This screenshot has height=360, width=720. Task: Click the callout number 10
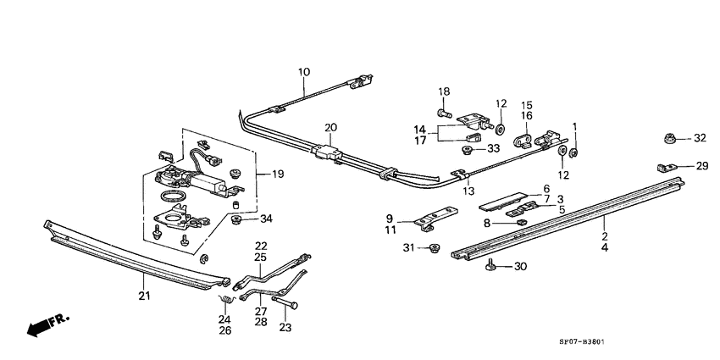tap(304, 73)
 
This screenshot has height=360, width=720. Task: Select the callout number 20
tap(330, 128)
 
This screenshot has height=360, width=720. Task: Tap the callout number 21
tap(143, 295)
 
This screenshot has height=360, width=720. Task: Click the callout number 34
tap(266, 219)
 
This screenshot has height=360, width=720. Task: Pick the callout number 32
tap(699, 137)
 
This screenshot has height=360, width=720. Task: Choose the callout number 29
tap(701, 166)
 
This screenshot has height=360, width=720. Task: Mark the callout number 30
tap(520, 267)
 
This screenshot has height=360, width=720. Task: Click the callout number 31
tap(409, 248)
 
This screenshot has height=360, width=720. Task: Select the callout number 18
tap(444, 91)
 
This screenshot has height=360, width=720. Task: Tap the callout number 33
tap(493, 149)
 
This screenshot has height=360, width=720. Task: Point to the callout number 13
tap(468, 191)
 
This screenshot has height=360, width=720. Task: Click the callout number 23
tap(284, 328)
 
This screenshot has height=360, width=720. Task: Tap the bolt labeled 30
tap(490, 267)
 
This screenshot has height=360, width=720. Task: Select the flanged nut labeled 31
tap(434, 248)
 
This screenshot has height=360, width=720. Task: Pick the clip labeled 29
tap(664, 167)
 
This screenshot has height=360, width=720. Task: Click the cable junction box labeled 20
tap(327, 153)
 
